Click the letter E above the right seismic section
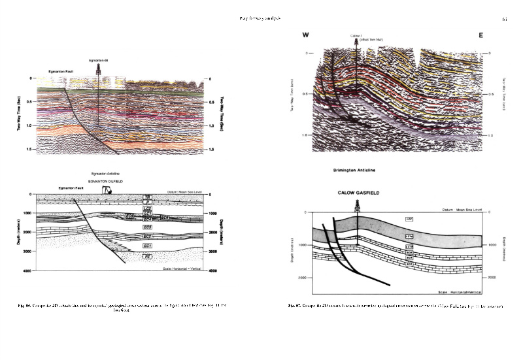481,35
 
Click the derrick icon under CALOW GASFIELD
358,205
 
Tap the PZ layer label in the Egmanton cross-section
147,257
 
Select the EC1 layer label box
148,245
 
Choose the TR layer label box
148,196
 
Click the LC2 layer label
148,208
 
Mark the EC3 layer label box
148,226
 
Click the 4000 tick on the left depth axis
28,270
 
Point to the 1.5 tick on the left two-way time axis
30,150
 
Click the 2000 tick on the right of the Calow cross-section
492,278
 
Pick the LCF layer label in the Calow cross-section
410,219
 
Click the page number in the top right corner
504,19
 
